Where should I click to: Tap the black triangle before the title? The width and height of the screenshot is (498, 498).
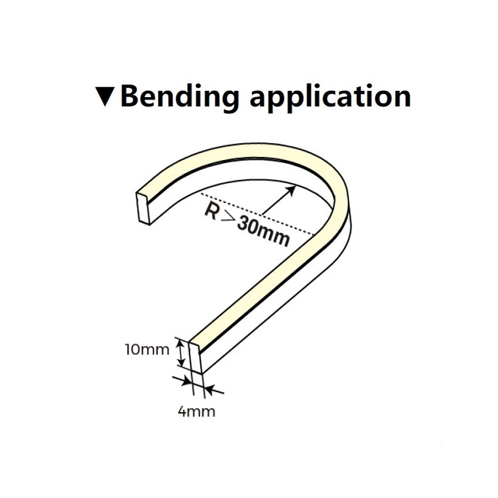click(105, 96)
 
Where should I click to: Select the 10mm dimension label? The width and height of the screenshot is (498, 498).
click(147, 350)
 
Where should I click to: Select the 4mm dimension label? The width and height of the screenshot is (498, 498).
click(196, 411)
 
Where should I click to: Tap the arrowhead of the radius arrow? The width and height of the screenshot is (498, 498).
click(291, 190)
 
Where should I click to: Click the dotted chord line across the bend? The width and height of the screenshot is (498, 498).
click(257, 214)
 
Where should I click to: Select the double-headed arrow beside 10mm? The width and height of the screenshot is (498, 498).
click(181, 352)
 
